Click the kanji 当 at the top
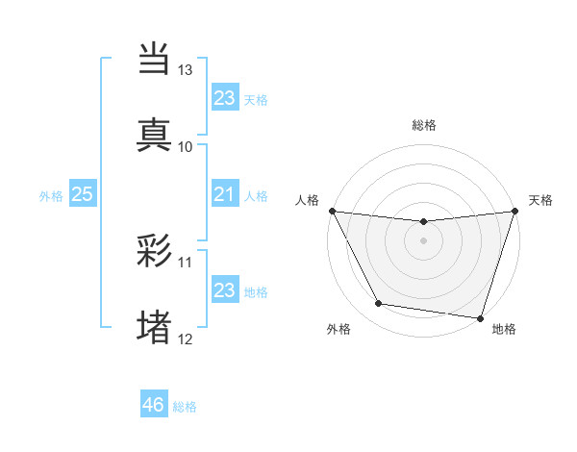[x=155, y=58]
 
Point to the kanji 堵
[x=155, y=327]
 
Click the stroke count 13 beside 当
[x=186, y=70]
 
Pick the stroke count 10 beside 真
[x=186, y=147]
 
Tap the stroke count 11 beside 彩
[x=186, y=262]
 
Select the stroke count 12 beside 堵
[x=186, y=339]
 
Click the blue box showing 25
[x=83, y=194]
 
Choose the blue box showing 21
[x=224, y=194]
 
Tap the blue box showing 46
[x=154, y=405]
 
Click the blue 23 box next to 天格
[x=224, y=98]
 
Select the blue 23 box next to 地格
[x=224, y=290]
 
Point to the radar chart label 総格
[x=424, y=125]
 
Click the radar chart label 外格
[x=339, y=330]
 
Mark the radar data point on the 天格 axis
[x=514, y=212]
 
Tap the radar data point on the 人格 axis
[x=333, y=211]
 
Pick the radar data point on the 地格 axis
[x=480, y=317]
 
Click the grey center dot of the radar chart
[x=423, y=240]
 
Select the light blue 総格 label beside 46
[x=185, y=407]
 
